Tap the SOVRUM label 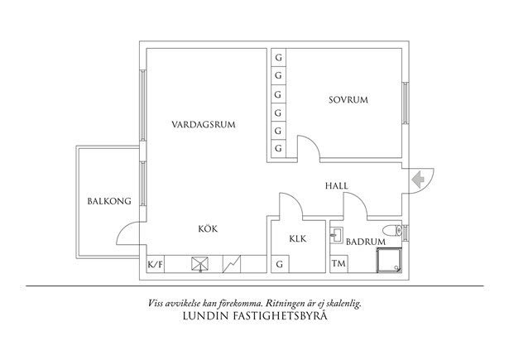pyautogui.click(x=348, y=100)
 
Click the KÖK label pyautogui.click(x=208, y=228)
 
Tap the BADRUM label pyautogui.click(x=365, y=242)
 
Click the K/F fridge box pyautogui.click(x=155, y=265)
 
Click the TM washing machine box pyautogui.click(x=338, y=264)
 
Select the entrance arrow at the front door pyautogui.click(x=416, y=177)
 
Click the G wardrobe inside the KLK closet pyautogui.click(x=279, y=265)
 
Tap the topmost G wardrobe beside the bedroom pyautogui.click(x=278, y=58)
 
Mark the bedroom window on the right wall pyautogui.click(x=406, y=103)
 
